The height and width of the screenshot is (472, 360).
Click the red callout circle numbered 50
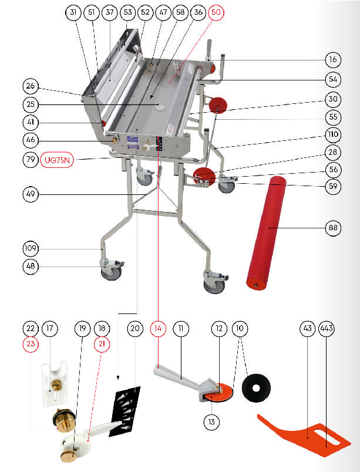click(216, 12)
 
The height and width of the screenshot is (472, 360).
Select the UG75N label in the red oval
click(57, 160)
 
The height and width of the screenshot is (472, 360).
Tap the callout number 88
click(333, 228)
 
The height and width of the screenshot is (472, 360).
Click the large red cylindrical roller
click(266, 233)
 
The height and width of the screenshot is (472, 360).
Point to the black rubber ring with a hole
click(256, 388)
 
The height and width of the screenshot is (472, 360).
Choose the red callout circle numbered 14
click(158, 328)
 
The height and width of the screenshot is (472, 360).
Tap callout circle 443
click(327, 328)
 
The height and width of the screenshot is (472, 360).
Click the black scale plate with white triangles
click(125, 411)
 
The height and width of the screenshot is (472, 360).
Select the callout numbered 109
click(31, 248)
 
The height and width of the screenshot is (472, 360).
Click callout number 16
click(333, 60)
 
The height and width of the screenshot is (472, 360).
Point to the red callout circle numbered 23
click(31, 344)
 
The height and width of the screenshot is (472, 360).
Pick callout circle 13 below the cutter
click(211, 422)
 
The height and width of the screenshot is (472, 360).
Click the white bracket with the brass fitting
click(55, 384)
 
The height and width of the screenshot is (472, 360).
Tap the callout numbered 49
click(31, 194)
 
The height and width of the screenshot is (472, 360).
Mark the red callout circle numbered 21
click(102, 344)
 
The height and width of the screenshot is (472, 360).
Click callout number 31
click(73, 12)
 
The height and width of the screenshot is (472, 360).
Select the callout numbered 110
click(333, 134)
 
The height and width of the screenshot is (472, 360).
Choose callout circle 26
click(31, 86)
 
